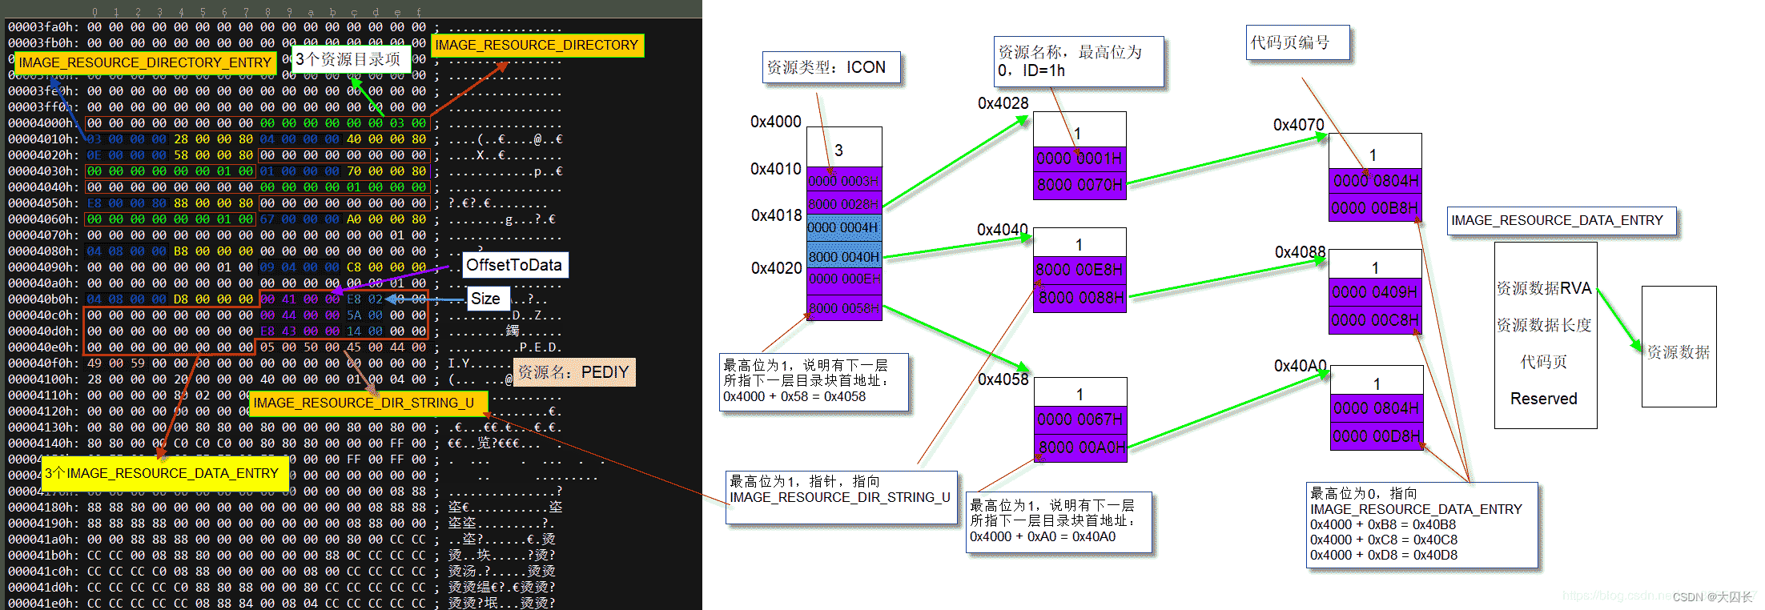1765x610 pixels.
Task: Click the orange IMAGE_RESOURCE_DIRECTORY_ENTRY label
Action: click(145, 62)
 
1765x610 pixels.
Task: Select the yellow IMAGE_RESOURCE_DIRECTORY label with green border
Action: click(537, 45)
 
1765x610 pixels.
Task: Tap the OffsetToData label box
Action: click(515, 265)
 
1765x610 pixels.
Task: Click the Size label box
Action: click(485, 299)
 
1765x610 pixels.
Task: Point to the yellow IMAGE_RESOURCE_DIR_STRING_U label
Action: click(364, 403)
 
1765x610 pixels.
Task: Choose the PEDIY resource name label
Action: click(573, 372)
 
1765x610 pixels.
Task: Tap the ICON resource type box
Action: click(830, 67)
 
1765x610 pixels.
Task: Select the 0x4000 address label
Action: click(775, 122)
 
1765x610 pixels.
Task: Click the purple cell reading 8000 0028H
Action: click(843, 203)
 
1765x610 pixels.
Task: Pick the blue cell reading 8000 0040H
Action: click(843, 257)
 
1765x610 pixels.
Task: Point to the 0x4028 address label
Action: click(1003, 103)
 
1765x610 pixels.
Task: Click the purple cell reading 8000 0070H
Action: click(1080, 185)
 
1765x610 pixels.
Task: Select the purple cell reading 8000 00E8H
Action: click(1080, 270)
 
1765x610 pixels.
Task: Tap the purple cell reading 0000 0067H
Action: click(1080, 419)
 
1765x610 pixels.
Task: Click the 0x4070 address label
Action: click(1298, 125)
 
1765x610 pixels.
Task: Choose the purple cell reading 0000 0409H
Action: click(1374, 292)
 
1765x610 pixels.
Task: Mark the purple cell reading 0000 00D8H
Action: click(1376, 436)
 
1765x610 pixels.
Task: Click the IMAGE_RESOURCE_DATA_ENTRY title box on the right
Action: click(1561, 220)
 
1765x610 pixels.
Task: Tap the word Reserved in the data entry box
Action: click(1543, 399)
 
